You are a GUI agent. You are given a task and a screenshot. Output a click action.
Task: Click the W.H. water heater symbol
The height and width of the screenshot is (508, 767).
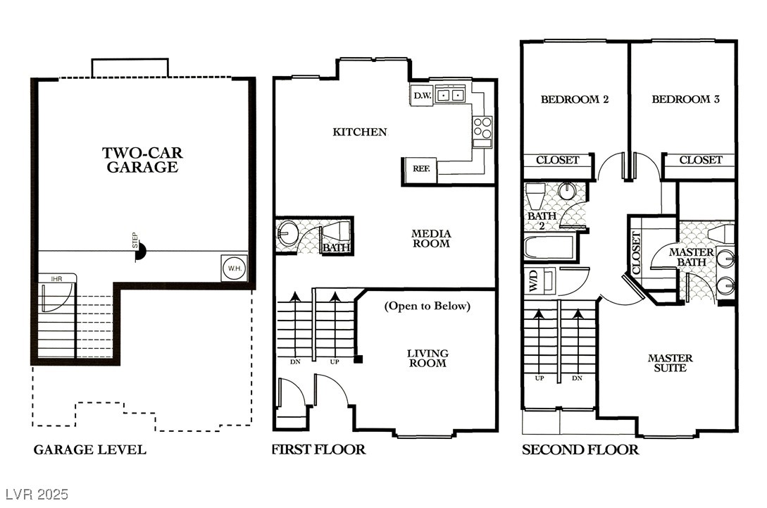234,268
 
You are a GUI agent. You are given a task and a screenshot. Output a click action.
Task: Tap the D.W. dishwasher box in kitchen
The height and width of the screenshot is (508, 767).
422,95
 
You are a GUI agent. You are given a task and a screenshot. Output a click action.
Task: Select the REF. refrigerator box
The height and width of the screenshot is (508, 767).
420,169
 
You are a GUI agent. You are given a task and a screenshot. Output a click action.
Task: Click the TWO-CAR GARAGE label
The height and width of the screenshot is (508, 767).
139,160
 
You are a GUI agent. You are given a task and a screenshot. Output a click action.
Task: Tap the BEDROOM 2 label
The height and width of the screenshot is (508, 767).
574,99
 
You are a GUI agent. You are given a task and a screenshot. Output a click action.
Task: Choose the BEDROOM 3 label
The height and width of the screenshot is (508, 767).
685,99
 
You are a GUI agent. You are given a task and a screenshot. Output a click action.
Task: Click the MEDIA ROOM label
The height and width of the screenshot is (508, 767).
431,238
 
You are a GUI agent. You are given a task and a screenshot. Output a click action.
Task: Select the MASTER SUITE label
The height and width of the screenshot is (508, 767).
671,363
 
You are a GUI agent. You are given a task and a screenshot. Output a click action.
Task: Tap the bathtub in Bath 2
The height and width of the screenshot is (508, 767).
549,248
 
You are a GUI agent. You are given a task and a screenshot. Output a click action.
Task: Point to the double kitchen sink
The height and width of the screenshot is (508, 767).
450,94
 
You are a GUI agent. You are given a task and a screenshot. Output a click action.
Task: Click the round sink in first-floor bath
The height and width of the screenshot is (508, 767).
288,235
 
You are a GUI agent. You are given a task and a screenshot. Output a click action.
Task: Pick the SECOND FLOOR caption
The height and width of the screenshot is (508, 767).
580,450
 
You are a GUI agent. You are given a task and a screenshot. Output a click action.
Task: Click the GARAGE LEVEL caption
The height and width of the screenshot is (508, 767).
89,450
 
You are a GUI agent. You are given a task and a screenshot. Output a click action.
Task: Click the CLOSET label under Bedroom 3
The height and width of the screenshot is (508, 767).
701,160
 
